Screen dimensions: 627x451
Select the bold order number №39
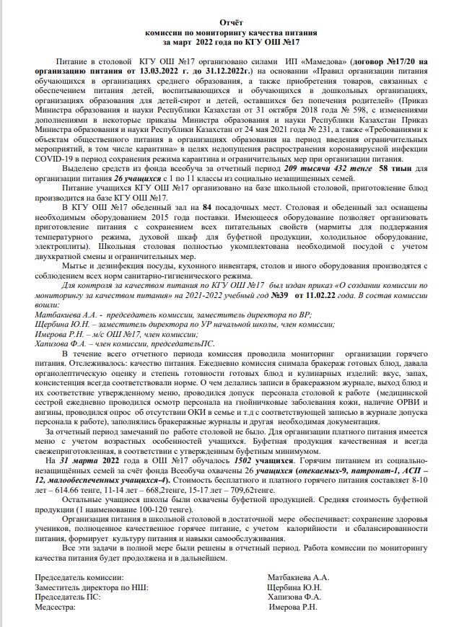tap(279, 296)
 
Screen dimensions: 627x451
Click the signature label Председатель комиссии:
tap(79, 578)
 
